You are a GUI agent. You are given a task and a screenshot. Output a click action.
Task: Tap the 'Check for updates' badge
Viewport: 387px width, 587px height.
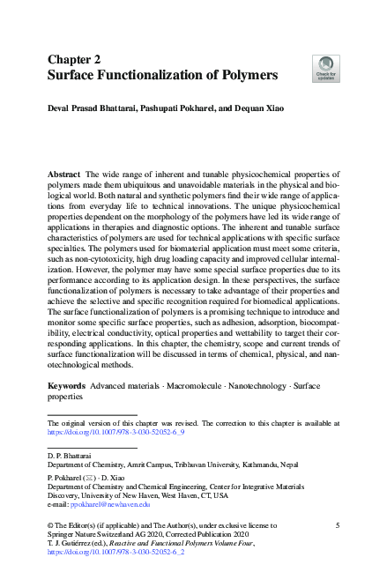tap(324, 68)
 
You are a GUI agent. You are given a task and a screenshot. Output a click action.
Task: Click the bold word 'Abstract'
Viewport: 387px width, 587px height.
tap(63, 175)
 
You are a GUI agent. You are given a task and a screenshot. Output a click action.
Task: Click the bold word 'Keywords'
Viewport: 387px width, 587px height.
tap(66, 386)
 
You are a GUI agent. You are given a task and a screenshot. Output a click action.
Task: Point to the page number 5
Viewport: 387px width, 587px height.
tap(338, 524)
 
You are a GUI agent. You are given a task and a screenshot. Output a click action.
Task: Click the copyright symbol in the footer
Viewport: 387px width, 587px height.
tap(50, 524)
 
